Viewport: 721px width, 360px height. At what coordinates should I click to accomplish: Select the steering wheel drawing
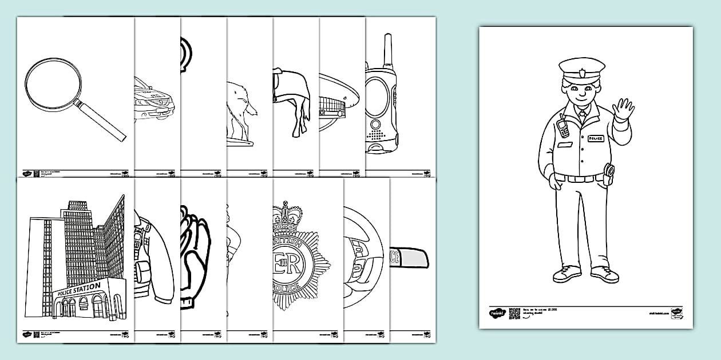363,257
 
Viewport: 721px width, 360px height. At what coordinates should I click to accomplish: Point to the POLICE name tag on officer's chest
596,138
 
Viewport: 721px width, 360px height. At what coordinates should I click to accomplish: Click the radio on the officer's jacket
563,126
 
